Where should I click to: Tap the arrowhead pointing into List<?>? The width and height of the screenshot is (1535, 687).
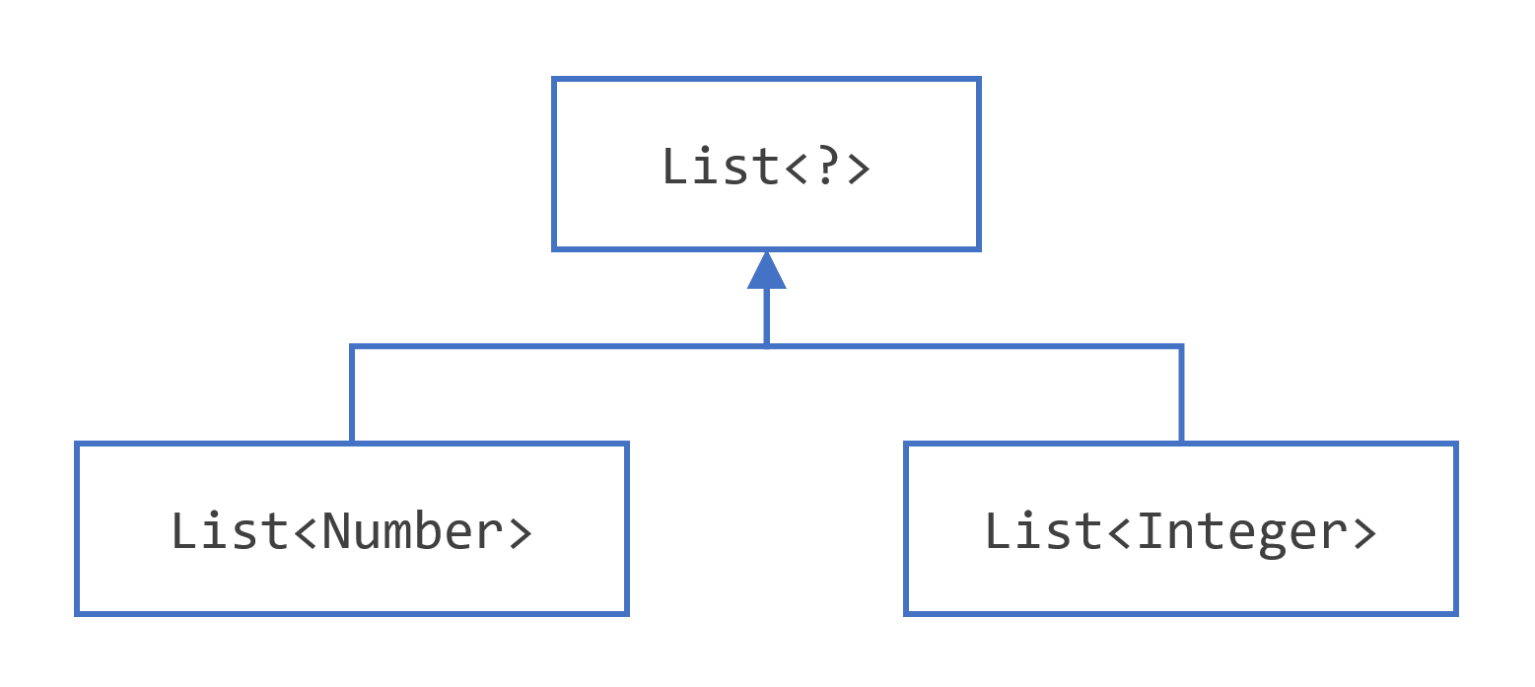click(766, 270)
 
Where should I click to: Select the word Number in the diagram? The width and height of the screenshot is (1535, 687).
click(412, 531)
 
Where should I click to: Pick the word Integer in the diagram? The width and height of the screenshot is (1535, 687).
click(1242, 531)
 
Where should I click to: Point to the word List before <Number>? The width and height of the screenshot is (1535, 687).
click(231, 531)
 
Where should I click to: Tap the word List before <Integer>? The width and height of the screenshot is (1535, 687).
click(1044, 531)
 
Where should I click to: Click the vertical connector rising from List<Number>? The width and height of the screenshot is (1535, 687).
click(352, 394)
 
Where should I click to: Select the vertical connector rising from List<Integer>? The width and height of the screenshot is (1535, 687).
click(1180, 394)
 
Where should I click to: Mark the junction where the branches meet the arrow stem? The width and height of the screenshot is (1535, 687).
click(766, 346)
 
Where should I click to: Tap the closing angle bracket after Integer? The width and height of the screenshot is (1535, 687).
click(1363, 533)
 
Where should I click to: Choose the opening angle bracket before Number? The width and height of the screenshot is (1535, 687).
click(306, 533)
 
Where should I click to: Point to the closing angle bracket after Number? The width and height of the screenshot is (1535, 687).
click(519, 533)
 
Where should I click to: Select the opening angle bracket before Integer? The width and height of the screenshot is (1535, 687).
click(1120, 533)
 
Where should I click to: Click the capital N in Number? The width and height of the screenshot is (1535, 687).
click(336, 531)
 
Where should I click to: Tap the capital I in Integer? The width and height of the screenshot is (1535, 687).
click(1151, 531)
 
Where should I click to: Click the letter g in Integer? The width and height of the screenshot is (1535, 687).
click(1272, 536)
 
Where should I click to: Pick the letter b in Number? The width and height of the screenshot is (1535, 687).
click(428, 531)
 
